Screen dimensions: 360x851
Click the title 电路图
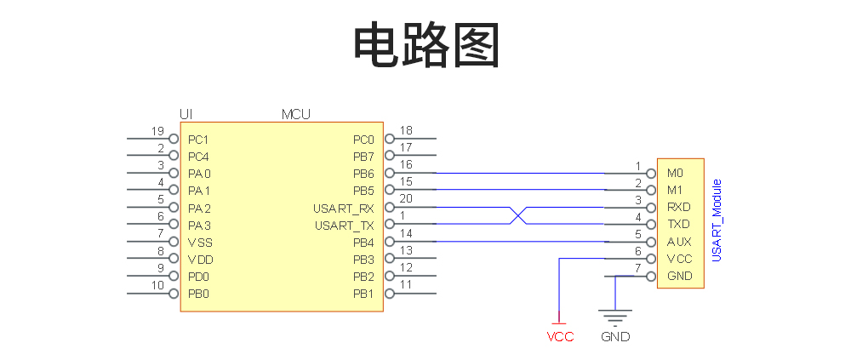425,44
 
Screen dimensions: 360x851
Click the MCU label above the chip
295,113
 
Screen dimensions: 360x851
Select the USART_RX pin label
344,208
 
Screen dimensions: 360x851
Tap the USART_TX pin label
344,226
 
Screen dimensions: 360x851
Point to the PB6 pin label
363,174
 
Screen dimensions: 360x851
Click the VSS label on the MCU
200,243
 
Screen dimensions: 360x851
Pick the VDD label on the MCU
200,260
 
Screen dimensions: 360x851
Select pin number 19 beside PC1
157,131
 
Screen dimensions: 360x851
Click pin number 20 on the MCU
406,199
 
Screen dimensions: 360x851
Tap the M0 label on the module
675,173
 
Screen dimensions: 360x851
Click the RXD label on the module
678,207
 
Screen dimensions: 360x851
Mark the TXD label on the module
678,225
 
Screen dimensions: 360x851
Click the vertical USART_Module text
717,220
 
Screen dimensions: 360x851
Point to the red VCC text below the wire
560,337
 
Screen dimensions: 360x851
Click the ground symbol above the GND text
615,315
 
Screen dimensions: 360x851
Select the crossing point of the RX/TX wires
517,216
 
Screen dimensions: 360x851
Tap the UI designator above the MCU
186,113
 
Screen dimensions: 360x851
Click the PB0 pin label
198,294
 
